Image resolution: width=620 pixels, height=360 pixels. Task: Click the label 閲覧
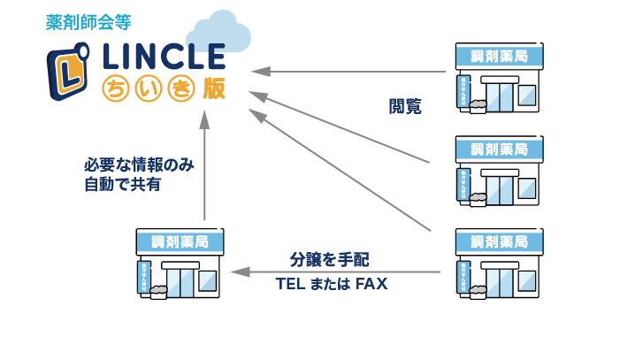(x=405, y=107)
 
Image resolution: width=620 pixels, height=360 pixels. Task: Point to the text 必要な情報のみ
(x=139, y=165)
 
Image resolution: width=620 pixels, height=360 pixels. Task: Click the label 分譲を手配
(x=329, y=260)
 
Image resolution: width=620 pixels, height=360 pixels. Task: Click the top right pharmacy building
(x=499, y=79)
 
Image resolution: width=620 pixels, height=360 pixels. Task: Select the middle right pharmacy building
(x=499, y=172)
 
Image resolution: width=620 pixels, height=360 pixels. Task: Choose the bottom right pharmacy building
(x=499, y=264)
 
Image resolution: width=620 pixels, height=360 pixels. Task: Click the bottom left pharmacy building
(x=180, y=264)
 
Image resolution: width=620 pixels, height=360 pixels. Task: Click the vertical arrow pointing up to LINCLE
(x=204, y=168)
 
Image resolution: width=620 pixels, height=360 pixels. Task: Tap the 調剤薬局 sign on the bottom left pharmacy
(x=180, y=241)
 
